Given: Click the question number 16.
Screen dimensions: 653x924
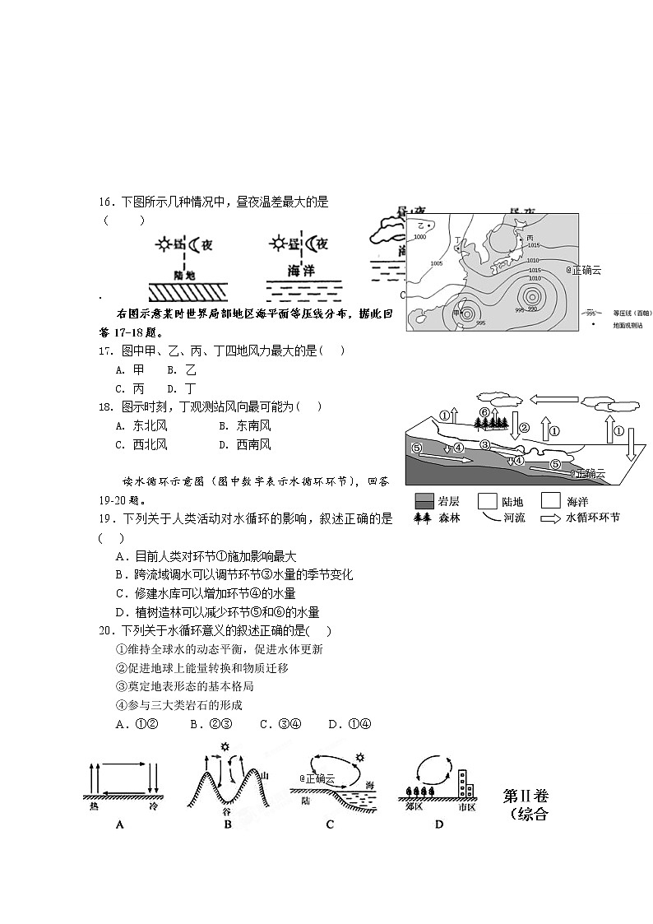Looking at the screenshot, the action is (x=104, y=202).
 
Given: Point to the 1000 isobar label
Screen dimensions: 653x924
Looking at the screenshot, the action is (x=419, y=237).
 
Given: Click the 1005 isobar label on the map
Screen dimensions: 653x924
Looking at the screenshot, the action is (x=437, y=263).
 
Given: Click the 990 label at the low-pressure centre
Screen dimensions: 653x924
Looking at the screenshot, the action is (x=532, y=309).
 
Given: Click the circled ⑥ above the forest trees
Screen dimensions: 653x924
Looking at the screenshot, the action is (x=485, y=412).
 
